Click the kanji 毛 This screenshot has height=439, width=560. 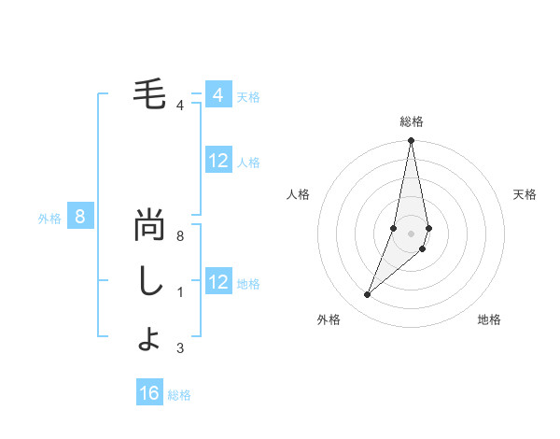tap(149, 94)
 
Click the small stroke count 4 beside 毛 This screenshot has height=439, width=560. tap(179, 105)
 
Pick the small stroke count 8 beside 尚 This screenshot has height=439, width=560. tap(179, 236)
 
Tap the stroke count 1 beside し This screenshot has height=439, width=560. tap(179, 292)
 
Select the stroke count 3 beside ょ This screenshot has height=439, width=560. tap(179, 348)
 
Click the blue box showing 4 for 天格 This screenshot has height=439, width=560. tap(217, 95)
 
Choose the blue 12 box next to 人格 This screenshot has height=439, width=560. tap(217, 162)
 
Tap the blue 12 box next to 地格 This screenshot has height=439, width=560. tap(217, 282)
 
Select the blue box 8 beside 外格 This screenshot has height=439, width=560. tap(80, 218)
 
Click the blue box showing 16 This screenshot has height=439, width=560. tap(149, 393)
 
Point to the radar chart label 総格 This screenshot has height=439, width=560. tap(411, 121)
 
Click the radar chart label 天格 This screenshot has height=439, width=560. tap(525, 194)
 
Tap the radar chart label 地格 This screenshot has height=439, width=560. tap(489, 320)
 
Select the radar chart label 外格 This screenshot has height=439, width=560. tap(329, 320)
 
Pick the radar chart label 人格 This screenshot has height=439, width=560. tap(298, 194)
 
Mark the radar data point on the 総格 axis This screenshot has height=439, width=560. tap(411, 141)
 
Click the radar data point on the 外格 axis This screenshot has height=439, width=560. tap(367, 294)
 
